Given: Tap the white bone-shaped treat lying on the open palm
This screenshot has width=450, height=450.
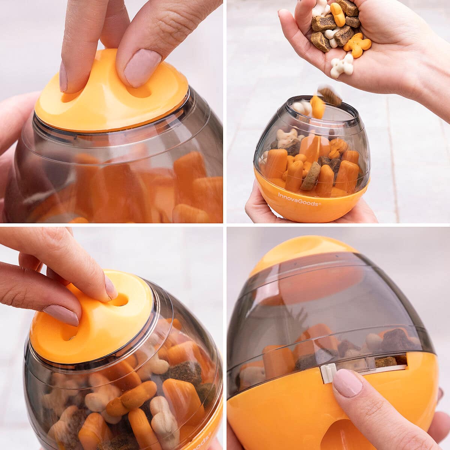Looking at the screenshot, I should tap(342, 66).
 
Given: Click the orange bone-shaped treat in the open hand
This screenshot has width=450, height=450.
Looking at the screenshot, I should tap(357, 45).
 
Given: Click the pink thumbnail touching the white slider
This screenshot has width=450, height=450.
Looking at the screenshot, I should tap(348, 382).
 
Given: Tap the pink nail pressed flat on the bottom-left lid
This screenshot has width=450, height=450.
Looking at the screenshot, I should tap(61, 314).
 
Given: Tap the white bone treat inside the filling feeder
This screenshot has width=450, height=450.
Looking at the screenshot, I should tap(286, 138).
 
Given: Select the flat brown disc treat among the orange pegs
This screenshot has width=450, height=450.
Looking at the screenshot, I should tap(311, 176).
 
